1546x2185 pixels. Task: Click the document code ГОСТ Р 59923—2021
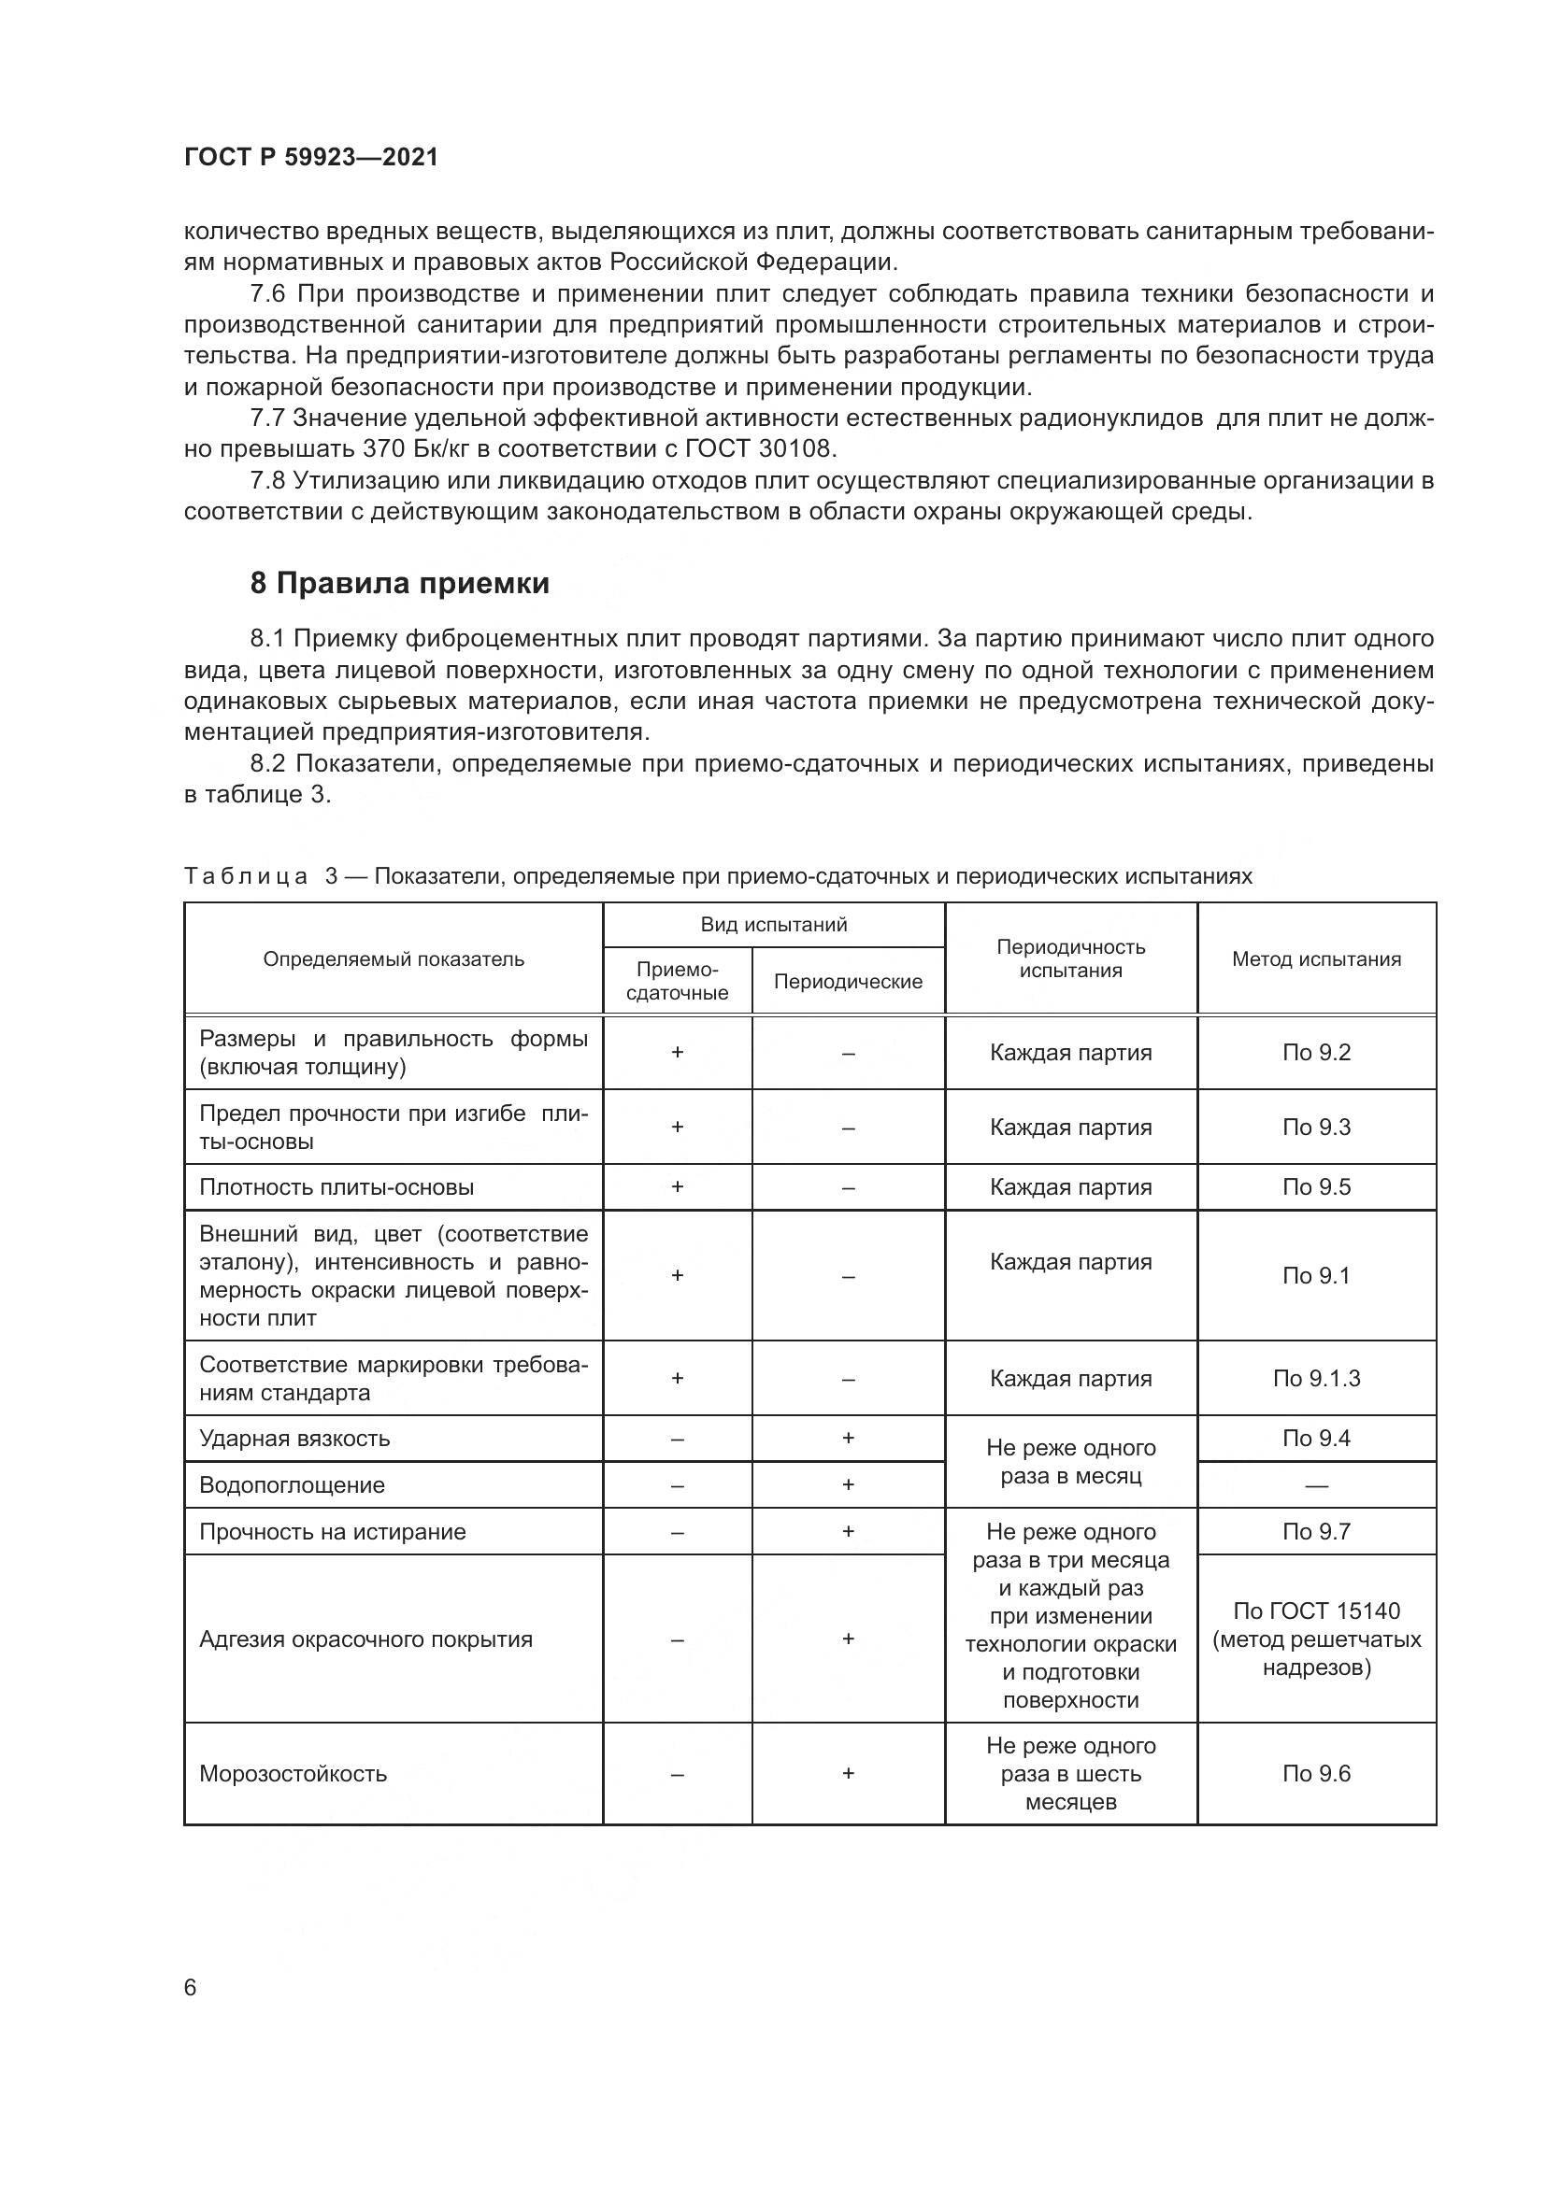coord(311,157)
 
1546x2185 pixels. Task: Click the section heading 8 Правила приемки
coord(399,583)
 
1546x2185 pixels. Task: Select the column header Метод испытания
coord(1316,959)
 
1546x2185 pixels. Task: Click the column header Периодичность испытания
coord(1070,958)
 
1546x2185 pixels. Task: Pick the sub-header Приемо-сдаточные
coord(677,981)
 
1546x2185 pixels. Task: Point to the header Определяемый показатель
coord(394,959)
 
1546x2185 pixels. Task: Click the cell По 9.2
coord(1316,1053)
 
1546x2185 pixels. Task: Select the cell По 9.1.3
coord(1316,1378)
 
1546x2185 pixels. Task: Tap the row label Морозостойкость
coord(293,1774)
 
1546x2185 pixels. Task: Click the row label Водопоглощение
coord(293,1485)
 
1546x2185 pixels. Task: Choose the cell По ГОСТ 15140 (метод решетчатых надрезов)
coord(1316,1639)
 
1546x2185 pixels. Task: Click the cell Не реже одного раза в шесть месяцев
coord(1070,1774)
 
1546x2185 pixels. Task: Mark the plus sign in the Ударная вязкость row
coord(847,1438)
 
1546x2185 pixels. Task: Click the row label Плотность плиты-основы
coord(336,1187)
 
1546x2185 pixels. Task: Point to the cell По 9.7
coord(1316,1532)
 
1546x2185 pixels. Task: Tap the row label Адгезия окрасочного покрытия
coord(365,1639)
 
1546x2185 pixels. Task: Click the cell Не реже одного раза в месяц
coord(1070,1462)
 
